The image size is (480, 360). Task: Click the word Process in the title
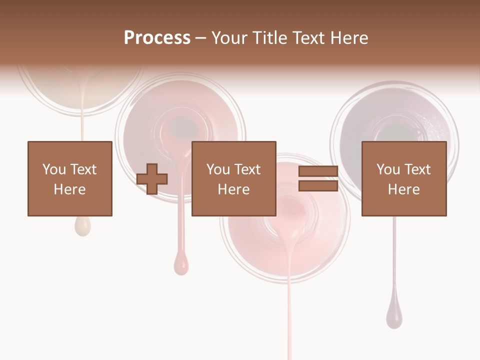coord(157,38)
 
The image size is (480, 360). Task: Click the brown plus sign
coord(152,178)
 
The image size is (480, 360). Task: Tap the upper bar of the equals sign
coord(318,171)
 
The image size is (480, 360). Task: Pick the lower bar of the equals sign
coord(318,185)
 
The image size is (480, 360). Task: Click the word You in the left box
coord(53,169)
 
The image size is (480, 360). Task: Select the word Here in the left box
coord(69,189)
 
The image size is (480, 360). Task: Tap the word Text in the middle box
coord(247,169)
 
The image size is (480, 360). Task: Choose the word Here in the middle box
coord(233,189)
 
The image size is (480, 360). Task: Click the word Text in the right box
coord(417,169)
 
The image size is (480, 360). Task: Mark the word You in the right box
coord(388,169)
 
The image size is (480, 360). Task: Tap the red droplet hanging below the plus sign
coord(181,263)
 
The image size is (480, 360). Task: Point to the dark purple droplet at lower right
coord(394,316)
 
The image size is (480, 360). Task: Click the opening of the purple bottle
coord(395,131)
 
